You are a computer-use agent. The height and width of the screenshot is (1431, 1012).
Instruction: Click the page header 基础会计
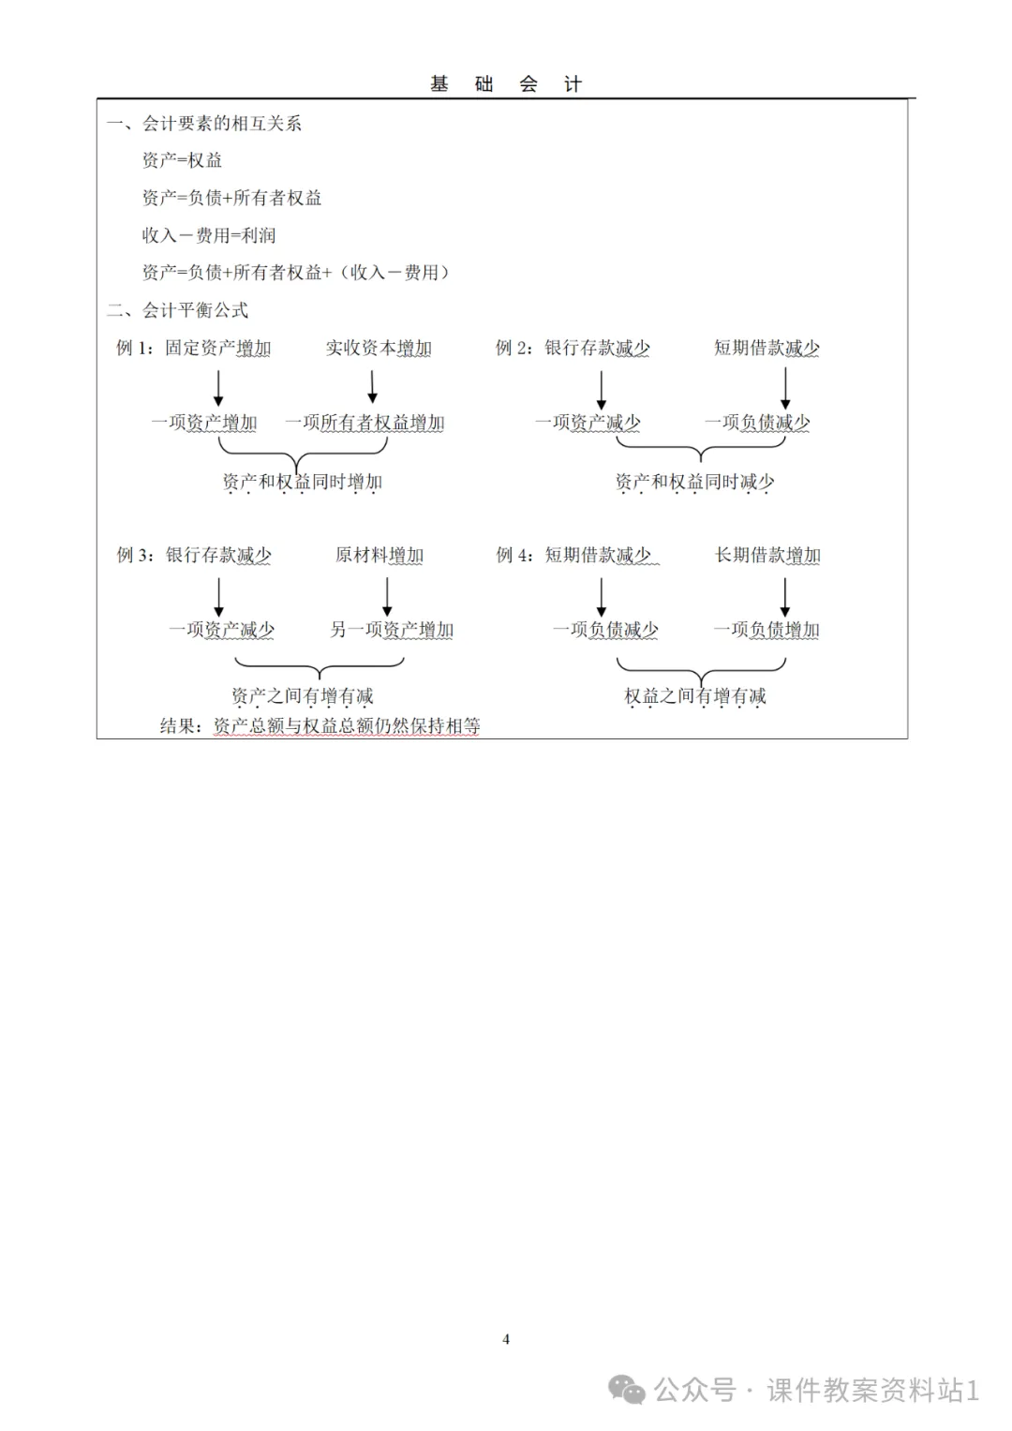506,84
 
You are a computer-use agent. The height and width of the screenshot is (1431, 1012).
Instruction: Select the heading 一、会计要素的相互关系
204,124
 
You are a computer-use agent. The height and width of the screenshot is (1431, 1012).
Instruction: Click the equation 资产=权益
182,161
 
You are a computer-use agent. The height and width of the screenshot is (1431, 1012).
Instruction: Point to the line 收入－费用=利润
209,235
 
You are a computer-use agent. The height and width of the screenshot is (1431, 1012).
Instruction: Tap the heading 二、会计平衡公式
178,310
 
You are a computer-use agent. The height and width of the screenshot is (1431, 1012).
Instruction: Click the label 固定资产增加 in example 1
218,349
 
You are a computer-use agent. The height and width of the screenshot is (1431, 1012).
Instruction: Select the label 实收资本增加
379,349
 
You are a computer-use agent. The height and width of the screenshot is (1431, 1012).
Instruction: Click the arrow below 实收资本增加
372,386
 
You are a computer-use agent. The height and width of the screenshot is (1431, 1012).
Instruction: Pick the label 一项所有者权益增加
365,423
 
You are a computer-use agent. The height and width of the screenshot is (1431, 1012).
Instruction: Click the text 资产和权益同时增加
302,483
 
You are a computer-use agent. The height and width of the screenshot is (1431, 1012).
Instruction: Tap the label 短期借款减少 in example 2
766,349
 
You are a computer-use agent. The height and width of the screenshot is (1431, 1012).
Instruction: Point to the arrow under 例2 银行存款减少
601,389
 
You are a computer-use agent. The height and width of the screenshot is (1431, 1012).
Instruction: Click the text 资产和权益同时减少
694,483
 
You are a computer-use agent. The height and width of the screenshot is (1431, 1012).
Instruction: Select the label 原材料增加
379,556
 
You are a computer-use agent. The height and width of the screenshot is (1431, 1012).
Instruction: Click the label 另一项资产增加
392,630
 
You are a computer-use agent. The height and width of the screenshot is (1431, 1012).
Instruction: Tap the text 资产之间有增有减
302,696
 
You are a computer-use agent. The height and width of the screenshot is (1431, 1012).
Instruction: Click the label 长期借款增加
767,556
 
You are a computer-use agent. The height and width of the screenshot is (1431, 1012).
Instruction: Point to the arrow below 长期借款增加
785,596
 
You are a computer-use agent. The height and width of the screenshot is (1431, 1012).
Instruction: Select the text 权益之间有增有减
695,696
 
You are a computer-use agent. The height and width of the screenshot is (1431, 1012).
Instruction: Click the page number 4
506,1339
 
